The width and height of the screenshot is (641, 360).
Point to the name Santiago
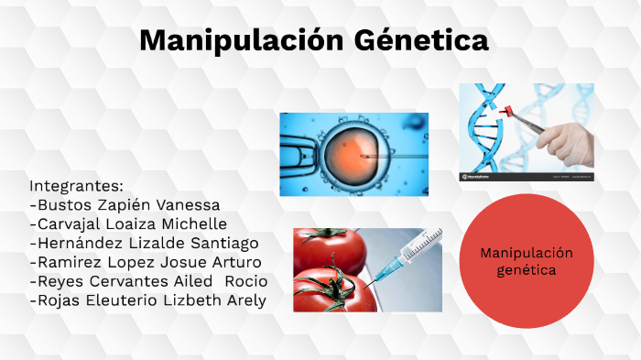coord(221,243)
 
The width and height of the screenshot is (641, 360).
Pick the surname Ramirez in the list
coord(65,262)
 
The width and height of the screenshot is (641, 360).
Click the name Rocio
coord(246,281)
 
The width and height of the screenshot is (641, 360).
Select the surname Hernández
coord(77,243)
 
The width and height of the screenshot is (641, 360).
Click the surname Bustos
coord(60,204)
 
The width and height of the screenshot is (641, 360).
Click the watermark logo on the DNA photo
coord(478,176)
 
